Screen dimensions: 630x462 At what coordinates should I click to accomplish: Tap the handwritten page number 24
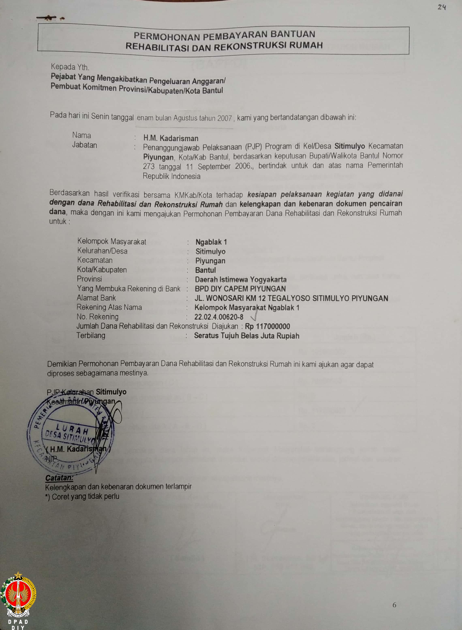coord(441,7)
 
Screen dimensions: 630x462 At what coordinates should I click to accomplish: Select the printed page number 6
coord(394,605)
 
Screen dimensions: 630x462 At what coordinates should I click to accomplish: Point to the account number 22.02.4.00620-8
coord(219,317)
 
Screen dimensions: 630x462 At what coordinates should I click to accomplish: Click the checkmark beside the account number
coord(254,317)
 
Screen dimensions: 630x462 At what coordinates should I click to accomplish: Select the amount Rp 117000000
coord(267,326)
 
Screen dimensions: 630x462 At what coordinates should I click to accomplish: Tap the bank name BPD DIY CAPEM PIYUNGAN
coord(240,289)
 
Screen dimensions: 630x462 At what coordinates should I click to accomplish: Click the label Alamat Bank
coord(96,298)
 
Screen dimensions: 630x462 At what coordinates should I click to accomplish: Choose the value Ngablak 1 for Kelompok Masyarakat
coord(211,242)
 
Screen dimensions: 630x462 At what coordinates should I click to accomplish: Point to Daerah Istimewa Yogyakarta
coord(240,279)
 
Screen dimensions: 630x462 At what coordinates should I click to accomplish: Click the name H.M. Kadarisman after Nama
coord(170,138)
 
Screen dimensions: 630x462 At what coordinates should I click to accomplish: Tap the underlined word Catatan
coord(59,478)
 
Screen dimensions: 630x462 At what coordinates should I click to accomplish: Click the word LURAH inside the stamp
coord(72,429)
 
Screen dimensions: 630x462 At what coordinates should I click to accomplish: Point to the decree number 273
coord(149,166)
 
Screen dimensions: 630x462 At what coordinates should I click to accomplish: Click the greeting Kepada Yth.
coord(70,67)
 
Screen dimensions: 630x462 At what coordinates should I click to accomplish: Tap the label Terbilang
coord(91,335)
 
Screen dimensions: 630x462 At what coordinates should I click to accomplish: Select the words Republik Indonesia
coord(172,176)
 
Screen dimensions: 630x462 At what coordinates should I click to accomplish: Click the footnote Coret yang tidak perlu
coord(85,496)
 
